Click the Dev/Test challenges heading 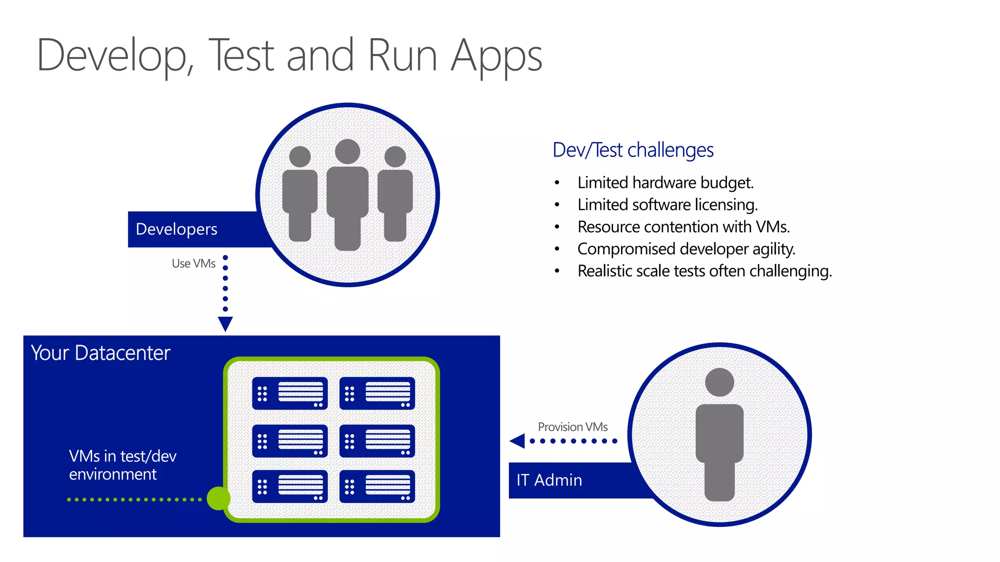click(633, 150)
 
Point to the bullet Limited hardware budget click(665, 183)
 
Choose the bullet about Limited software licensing click(667, 205)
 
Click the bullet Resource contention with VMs click(683, 227)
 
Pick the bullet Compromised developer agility click(686, 249)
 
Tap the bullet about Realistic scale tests click(704, 271)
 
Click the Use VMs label click(193, 263)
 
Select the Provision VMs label click(572, 427)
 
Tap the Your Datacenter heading click(101, 353)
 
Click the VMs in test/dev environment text click(122, 465)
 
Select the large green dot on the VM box click(218, 499)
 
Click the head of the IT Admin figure click(719, 382)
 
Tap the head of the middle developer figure click(347, 151)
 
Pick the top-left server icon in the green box click(290, 393)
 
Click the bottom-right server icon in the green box click(377, 486)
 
